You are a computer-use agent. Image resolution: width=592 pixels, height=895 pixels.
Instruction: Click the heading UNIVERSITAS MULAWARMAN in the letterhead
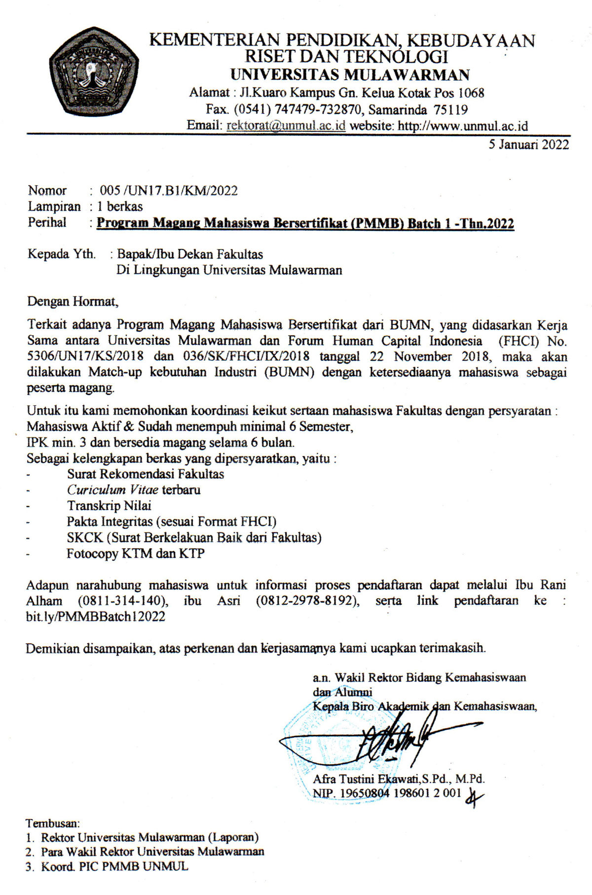click(350, 75)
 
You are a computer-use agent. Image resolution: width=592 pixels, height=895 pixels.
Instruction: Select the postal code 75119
click(451, 109)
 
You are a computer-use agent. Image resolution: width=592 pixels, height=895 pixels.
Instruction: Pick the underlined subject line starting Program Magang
click(305, 224)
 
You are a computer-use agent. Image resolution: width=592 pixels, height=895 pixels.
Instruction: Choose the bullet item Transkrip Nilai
click(109, 506)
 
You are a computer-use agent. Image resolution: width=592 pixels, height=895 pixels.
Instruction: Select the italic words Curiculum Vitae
click(112, 490)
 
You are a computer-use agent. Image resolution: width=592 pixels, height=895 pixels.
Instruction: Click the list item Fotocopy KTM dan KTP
click(136, 553)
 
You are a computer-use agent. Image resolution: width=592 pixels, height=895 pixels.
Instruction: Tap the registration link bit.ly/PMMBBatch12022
click(96, 617)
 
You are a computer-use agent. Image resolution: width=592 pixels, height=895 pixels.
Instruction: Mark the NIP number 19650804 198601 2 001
click(397, 793)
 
